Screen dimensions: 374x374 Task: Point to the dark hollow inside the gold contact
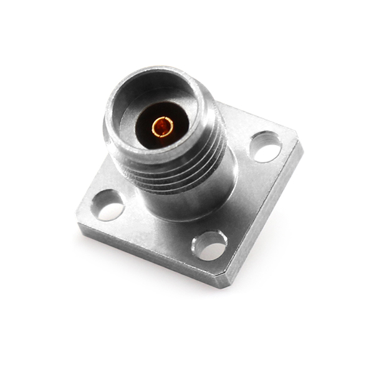coord(161,127)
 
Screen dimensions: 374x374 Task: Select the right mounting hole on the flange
coord(266,147)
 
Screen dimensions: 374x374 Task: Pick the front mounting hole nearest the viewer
coord(209,246)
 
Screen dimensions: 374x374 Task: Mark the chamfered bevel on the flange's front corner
coord(223,277)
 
